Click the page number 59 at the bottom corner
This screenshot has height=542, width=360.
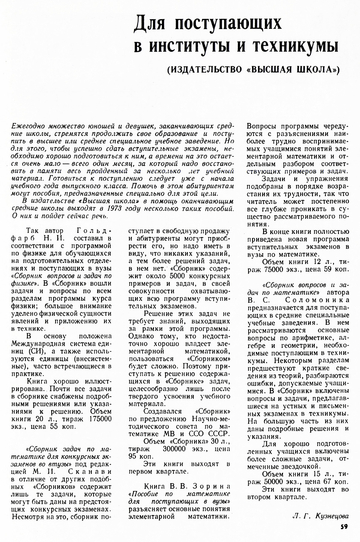pos(344,534)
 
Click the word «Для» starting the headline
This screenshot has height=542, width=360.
pos(151,24)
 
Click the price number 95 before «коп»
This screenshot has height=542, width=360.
pos(133,456)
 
